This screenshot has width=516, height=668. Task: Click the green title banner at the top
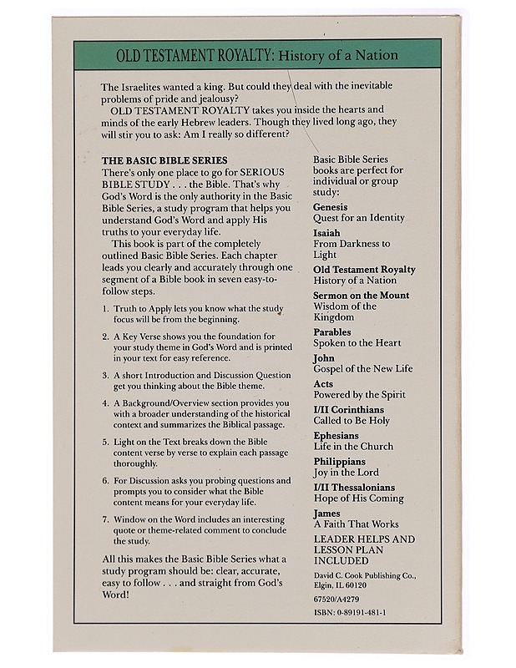(257, 55)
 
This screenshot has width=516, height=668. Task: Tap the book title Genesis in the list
(331, 206)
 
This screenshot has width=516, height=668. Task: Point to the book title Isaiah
(326, 232)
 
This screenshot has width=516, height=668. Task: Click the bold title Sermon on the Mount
(361, 296)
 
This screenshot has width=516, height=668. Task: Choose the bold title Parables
(332, 331)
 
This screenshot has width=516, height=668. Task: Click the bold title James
(326, 514)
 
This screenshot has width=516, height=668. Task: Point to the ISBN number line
(349, 612)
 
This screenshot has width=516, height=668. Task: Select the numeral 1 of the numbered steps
(105, 308)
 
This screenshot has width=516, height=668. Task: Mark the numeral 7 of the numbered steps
(105, 519)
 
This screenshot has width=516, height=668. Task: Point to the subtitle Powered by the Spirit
(358, 395)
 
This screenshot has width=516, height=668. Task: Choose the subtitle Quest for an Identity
(359, 218)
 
